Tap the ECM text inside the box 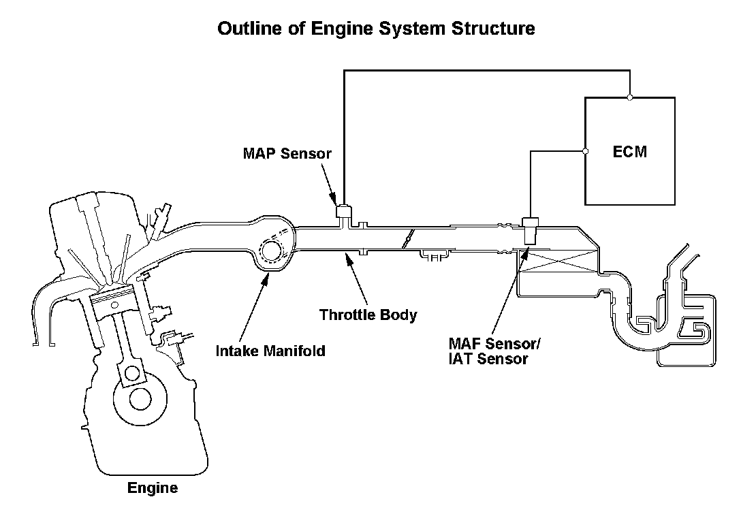click(630, 151)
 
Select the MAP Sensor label click(287, 153)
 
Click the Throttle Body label click(368, 315)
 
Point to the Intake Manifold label click(270, 351)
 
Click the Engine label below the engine click(153, 487)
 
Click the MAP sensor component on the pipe click(343, 212)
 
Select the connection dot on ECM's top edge click(630, 97)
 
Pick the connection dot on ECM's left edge click(586, 151)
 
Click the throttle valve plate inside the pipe click(408, 239)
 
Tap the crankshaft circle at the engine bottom click(140, 398)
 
